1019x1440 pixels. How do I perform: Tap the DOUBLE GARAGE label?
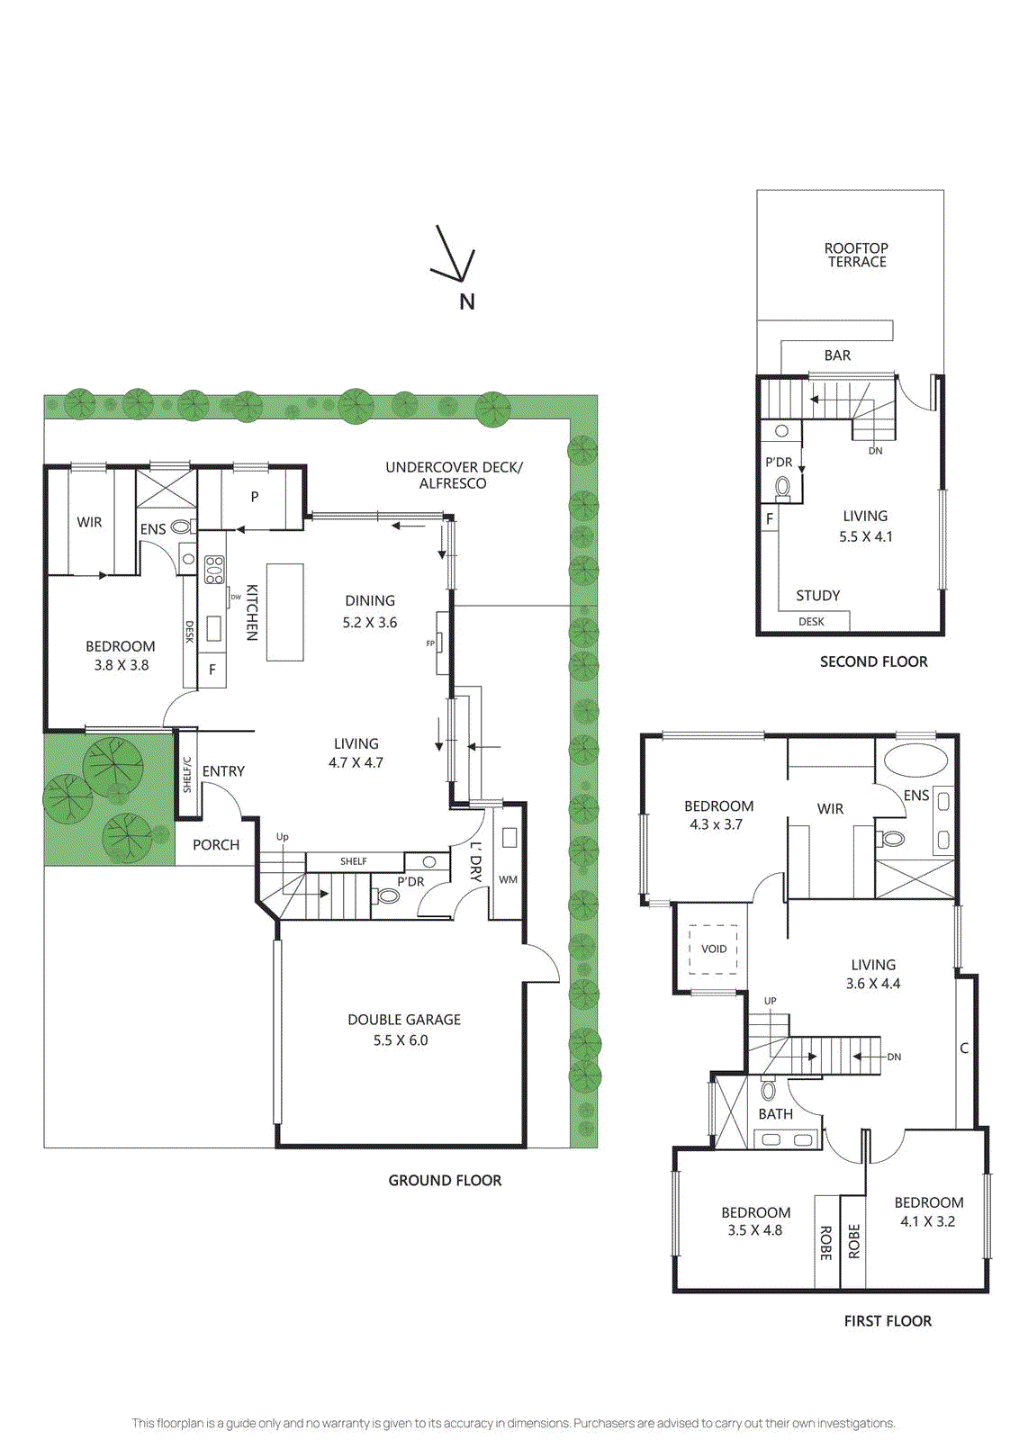tap(404, 1020)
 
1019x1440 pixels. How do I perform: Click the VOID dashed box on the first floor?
tap(714, 949)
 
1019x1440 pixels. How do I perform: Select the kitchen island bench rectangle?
tap(284, 612)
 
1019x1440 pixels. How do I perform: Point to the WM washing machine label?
tap(508, 879)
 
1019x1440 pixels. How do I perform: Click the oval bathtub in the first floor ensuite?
tap(915, 760)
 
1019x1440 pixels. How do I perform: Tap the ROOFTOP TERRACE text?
tap(857, 255)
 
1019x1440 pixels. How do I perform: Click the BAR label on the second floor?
tap(837, 355)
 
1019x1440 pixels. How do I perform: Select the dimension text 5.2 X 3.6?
tap(369, 622)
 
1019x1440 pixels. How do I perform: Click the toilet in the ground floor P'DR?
tap(387, 895)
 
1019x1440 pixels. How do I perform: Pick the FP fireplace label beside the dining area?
tap(430, 643)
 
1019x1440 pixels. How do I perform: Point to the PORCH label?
tap(216, 844)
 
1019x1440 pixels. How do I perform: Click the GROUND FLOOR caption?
tap(445, 1180)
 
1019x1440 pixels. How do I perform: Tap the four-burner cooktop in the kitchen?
tap(214, 570)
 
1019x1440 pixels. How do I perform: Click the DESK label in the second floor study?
tap(811, 621)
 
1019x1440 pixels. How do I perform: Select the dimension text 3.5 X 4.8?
tap(754, 1230)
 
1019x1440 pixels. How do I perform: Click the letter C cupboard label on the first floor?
tap(964, 1048)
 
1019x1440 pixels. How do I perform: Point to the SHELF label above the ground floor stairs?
tap(353, 861)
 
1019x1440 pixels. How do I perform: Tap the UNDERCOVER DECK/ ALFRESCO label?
tap(453, 475)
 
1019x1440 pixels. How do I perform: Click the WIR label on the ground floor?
tap(89, 522)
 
